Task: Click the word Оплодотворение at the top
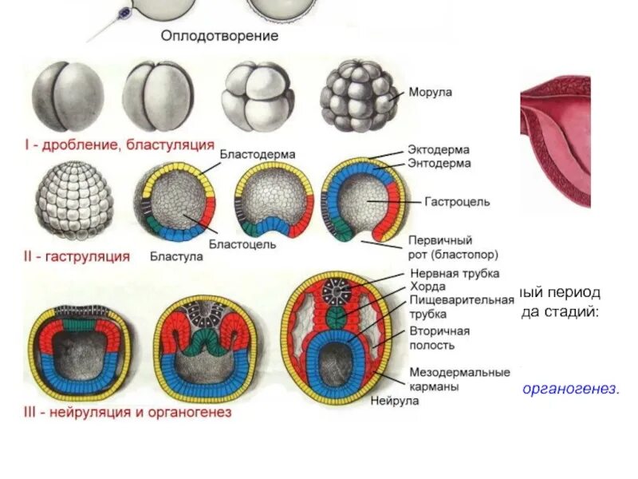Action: (219, 36)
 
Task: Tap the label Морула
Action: (431, 93)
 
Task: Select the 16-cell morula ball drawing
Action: (357, 98)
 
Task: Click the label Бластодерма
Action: (258, 154)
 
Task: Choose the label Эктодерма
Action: (439, 150)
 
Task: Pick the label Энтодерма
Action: (439, 163)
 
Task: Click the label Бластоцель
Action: (243, 244)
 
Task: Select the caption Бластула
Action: (176, 257)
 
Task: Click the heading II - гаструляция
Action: (77, 257)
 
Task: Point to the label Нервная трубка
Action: (454, 274)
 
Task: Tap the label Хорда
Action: (424, 287)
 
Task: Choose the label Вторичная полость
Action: (439, 338)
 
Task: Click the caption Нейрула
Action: (395, 401)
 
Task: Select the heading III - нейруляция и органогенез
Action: (128, 413)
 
